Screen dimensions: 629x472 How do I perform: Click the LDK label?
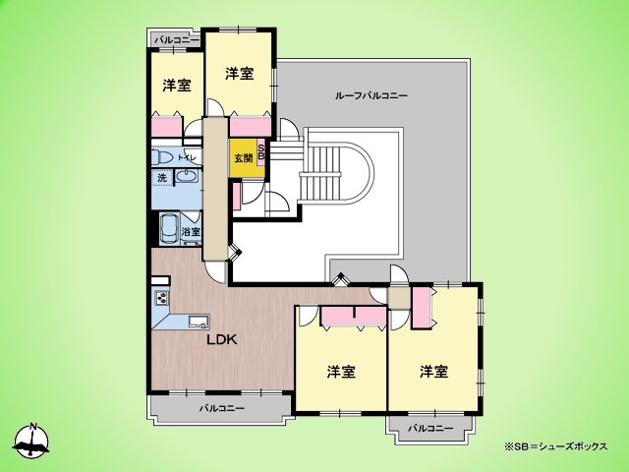222,340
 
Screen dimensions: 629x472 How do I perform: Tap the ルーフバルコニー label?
372,95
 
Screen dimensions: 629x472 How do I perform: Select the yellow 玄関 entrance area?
243,157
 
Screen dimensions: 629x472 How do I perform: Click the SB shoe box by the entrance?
260,152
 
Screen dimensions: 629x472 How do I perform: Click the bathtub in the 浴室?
170,229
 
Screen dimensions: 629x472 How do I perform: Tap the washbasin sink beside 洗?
186,177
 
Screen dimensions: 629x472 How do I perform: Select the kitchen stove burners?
162,298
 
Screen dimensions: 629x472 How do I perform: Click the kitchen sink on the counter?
199,322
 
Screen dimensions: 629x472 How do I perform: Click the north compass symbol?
31,441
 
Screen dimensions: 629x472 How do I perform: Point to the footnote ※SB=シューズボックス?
556,446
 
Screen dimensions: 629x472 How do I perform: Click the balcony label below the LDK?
222,409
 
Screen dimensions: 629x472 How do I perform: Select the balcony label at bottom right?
430,429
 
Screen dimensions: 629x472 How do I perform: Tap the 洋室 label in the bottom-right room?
434,372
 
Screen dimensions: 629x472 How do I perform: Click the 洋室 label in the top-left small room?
177,86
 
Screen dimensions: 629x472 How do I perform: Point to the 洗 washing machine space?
162,178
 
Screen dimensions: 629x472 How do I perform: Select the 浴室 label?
191,232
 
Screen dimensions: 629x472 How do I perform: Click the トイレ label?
187,157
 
